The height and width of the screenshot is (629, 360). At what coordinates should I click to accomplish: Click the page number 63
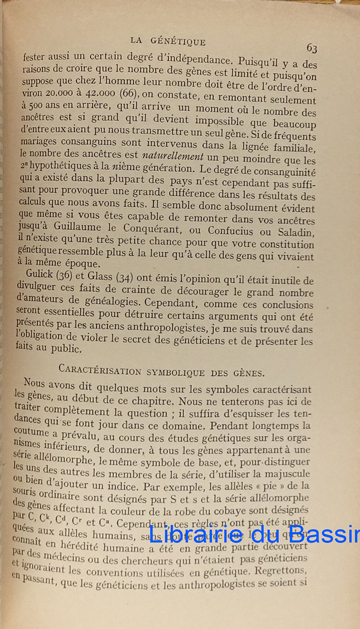coord(312,48)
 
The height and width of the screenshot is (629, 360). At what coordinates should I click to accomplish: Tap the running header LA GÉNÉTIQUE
coord(168,41)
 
